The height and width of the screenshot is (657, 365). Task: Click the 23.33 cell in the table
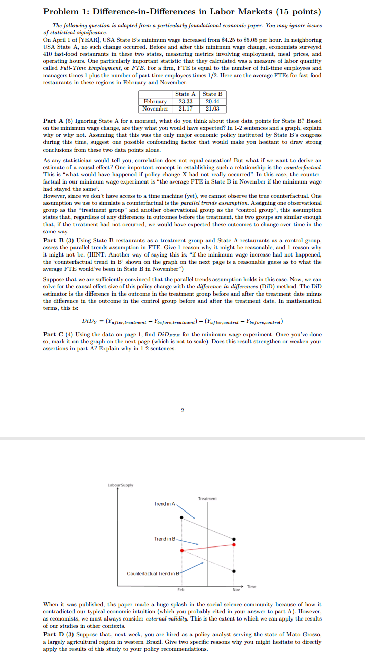point(182,101)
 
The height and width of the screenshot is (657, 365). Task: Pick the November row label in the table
point(155,109)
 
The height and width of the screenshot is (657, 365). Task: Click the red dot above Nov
point(234,544)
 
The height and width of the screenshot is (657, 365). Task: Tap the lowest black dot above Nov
point(234,570)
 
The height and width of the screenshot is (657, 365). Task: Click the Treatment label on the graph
point(207,499)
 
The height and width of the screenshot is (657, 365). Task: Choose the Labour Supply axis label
point(121,485)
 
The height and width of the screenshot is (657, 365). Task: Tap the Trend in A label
point(164,504)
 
